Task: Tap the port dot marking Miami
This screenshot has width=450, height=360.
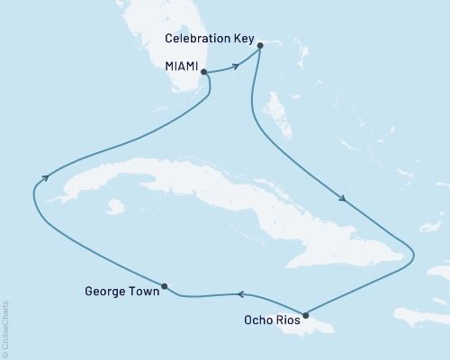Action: point(204,71)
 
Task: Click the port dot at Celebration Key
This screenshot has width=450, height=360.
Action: point(259,45)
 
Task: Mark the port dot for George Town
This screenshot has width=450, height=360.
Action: point(164,287)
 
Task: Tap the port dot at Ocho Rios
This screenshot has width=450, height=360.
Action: point(306,315)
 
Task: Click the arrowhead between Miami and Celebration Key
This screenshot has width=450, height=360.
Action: point(236,65)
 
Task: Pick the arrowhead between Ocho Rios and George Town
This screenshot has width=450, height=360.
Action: point(240,293)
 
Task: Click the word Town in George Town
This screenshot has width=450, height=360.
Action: point(142,292)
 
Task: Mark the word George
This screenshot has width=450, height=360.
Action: point(104,292)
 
